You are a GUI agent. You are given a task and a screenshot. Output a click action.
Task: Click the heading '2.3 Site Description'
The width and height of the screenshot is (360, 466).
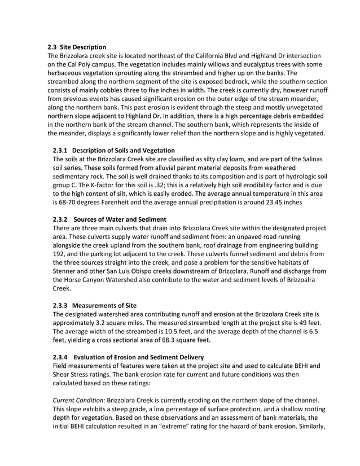tap(76, 47)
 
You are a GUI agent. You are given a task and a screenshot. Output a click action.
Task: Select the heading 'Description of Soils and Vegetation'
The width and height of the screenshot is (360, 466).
tap(124, 150)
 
